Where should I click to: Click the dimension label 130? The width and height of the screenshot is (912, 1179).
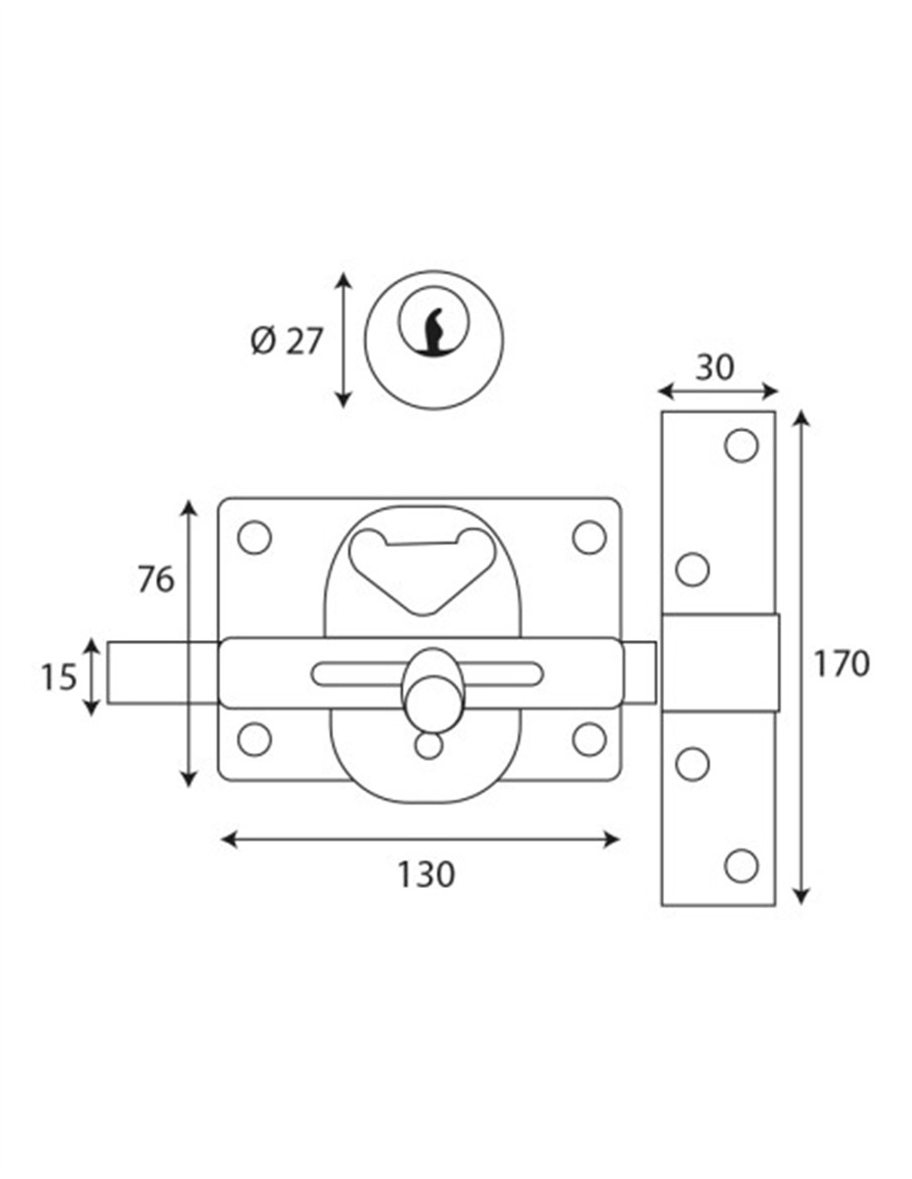pos(426,875)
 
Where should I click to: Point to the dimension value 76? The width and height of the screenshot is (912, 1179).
pos(156,580)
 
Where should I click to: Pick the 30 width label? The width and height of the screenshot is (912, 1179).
pos(715,367)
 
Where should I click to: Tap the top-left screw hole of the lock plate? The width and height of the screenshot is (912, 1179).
pos(255,537)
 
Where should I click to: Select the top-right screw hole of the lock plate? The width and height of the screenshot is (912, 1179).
pos(589,537)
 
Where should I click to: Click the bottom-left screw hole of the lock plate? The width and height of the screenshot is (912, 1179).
pos(255,739)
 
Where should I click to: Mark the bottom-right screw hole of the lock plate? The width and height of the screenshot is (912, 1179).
pos(589,739)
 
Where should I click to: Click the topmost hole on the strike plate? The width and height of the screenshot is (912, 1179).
pos(741,445)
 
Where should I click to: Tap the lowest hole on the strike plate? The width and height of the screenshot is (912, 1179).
pos(741,866)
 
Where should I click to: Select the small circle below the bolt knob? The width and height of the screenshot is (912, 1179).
pos(429,745)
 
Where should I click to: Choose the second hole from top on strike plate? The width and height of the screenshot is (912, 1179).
pos(692,570)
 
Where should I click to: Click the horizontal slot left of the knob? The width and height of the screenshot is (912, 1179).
pos(357,672)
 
